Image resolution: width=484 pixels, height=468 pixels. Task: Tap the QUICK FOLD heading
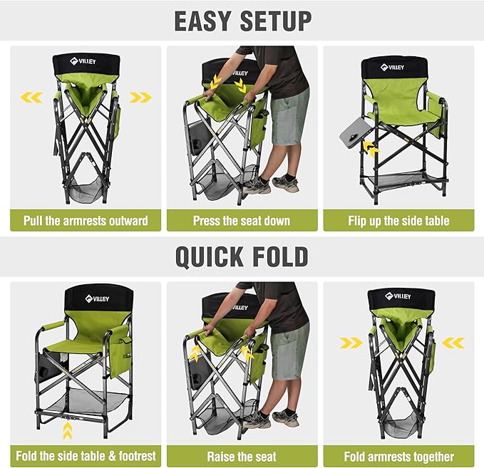pyautogui.click(x=242, y=256)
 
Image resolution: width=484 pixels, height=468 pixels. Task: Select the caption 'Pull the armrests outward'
pyautogui.click(x=86, y=220)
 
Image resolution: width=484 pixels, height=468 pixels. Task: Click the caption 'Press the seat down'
pyautogui.click(x=242, y=220)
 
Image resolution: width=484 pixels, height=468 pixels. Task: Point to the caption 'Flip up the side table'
pyautogui.click(x=398, y=220)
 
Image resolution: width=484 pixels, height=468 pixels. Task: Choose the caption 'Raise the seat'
pyautogui.click(x=242, y=457)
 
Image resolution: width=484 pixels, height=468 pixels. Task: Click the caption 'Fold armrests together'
pyautogui.click(x=398, y=457)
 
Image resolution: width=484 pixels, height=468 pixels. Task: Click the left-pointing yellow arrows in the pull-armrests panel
pyautogui.click(x=31, y=98)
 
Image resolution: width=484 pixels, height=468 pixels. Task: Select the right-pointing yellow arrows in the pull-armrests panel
pyautogui.click(x=140, y=98)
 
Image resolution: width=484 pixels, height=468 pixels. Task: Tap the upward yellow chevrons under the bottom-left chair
pyautogui.click(x=68, y=430)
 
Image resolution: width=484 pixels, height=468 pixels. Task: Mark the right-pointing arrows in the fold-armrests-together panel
pyautogui.click(x=351, y=343)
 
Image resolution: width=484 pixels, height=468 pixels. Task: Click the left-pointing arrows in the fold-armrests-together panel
pyautogui.click(x=453, y=343)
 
